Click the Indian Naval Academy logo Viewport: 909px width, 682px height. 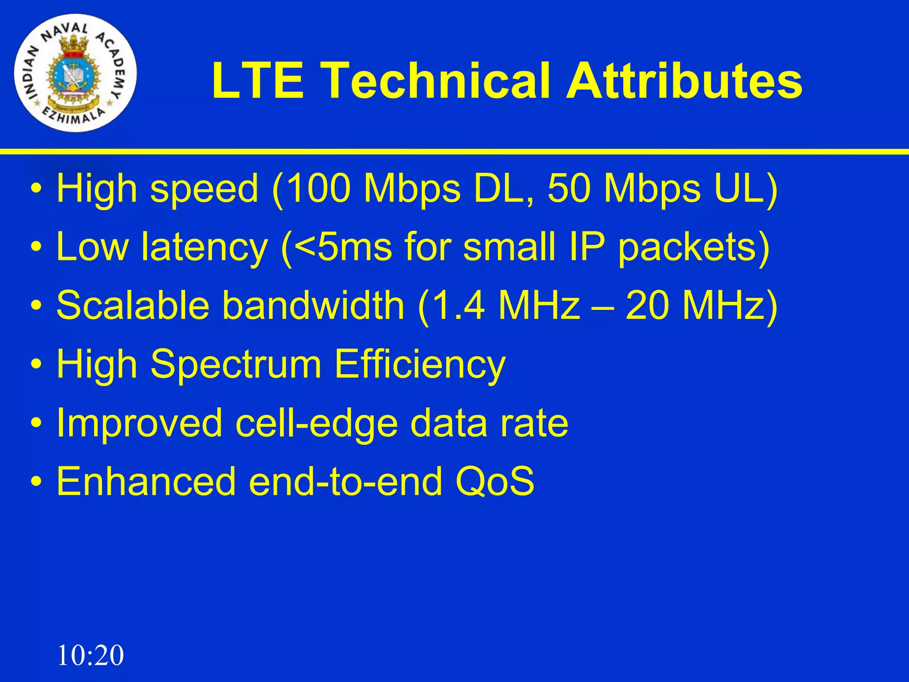[75, 73]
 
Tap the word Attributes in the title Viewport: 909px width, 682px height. [684, 81]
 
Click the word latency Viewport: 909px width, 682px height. [204, 247]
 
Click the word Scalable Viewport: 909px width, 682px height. [132, 305]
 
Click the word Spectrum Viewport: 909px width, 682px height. [236, 364]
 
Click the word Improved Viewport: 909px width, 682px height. [139, 423]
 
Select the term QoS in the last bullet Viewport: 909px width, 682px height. [495, 481]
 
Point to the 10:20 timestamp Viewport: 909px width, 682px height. [91, 655]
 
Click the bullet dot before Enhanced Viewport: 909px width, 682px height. [37, 482]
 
